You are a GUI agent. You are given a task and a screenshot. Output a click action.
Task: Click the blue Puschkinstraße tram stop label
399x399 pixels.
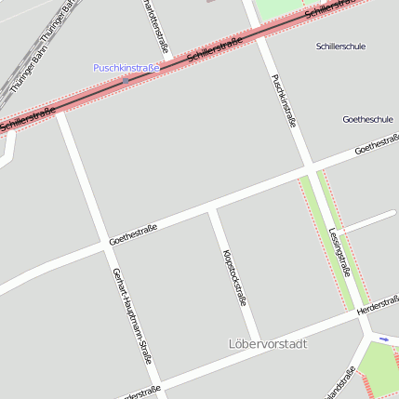(126, 68)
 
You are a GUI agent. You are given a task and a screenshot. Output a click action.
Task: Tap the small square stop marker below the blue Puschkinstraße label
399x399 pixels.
(126, 80)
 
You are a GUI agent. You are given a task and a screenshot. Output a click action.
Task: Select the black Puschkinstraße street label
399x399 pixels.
(284, 100)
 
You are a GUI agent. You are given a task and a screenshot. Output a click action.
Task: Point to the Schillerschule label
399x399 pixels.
(340, 46)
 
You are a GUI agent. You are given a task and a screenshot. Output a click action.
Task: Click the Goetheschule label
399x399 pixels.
(366, 120)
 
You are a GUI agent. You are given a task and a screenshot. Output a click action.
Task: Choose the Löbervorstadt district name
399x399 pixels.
(268, 344)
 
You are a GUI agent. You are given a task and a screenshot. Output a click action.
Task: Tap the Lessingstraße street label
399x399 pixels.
(339, 252)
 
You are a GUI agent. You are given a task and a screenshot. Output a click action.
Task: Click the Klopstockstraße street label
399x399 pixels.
(234, 278)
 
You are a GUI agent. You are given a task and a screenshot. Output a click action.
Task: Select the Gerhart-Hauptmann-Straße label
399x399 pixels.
(131, 315)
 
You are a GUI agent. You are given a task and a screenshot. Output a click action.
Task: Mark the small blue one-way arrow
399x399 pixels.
(384, 339)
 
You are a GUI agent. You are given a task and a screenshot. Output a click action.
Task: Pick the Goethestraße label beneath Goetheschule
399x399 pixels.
(376, 145)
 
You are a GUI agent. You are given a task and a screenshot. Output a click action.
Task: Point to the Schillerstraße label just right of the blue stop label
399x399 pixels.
(214, 49)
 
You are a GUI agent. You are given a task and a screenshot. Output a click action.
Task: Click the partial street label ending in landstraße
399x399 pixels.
(339, 384)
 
